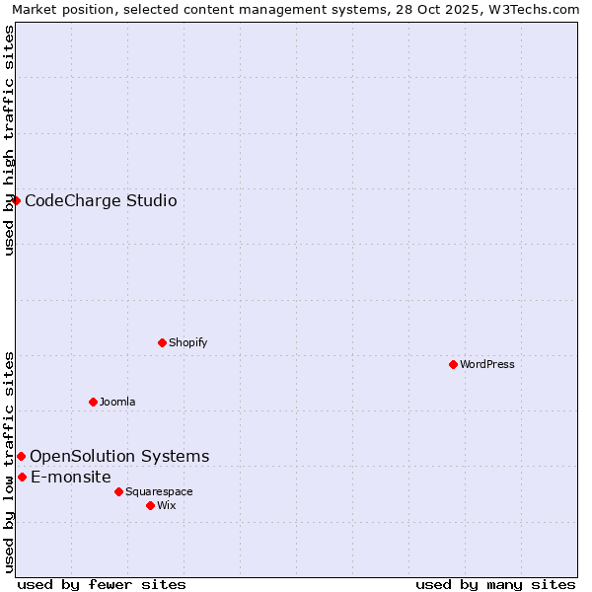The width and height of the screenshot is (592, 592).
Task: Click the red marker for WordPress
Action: (453, 364)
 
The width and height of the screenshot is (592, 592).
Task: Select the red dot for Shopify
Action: (162, 342)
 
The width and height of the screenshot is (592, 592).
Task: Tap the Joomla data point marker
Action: (93, 402)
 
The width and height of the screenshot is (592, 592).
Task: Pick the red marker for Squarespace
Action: (118, 491)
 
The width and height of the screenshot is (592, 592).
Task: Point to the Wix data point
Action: (150, 505)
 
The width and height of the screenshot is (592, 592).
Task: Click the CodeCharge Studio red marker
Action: (16, 200)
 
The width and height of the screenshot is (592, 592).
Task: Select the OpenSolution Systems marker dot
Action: (21, 456)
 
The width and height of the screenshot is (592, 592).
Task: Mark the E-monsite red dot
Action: (22, 477)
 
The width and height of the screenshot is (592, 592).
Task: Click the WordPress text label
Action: (487, 364)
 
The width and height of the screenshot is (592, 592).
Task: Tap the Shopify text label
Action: (187, 342)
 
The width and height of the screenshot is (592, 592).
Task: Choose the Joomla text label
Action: (117, 402)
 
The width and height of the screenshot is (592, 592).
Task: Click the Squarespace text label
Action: (159, 491)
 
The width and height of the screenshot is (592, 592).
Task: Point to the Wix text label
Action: (166, 505)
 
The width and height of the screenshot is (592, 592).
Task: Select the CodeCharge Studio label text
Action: (101, 201)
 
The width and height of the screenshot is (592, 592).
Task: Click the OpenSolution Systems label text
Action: (119, 456)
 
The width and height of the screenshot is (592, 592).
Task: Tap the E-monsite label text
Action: (71, 478)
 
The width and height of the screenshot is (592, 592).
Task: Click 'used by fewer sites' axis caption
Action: (102, 584)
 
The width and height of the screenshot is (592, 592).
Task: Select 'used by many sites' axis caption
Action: (495, 584)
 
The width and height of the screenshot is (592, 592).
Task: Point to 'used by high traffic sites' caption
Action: (9, 140)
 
